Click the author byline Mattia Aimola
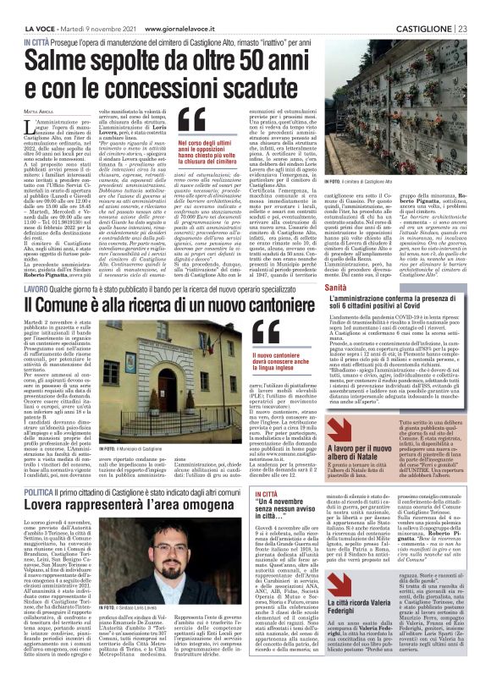click(x=41, y=112)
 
